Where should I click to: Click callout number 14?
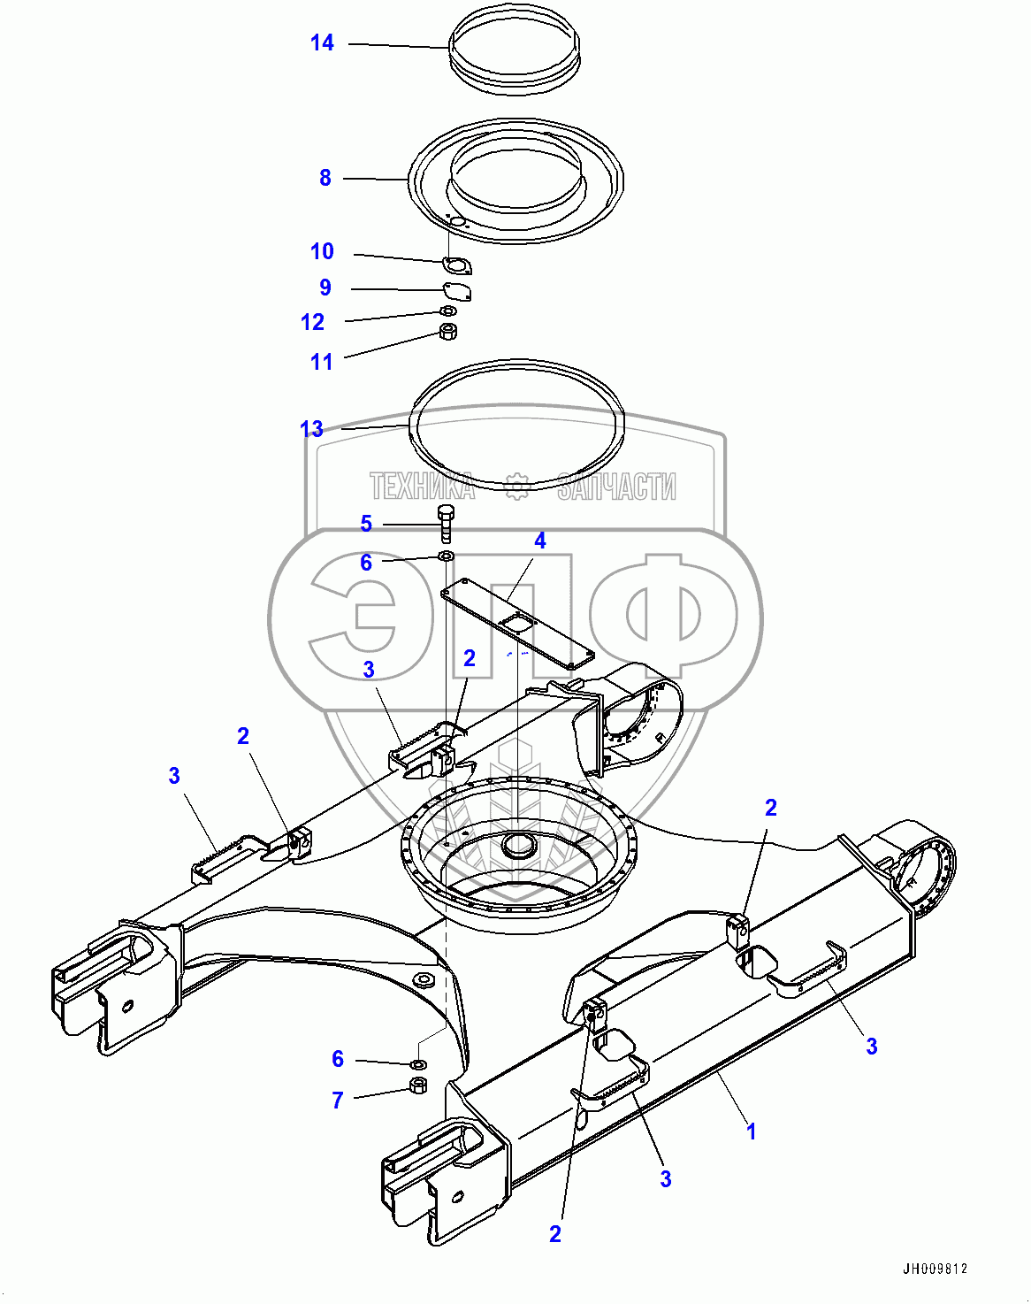tap(322, 42)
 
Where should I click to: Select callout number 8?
tap(325, 178)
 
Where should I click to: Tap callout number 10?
tap(322, 251)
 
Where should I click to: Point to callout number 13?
tap(311, 429)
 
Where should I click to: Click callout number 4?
tap(539, 541)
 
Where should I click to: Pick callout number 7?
tap(337, 1100)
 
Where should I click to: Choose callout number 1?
tap(751, 1131)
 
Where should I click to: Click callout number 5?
tap(366, 524)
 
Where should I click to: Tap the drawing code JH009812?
tap(935, 1269)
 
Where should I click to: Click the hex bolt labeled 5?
tap(446, 522)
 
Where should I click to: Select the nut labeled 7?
tap(418, 1085)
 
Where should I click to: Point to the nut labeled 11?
tap(448, 333)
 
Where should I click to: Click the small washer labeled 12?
tap(448, 311)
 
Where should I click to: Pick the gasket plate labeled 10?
tap(456, 265)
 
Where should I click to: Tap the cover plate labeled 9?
tap(457, 290)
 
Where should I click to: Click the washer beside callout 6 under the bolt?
tap(446, 556)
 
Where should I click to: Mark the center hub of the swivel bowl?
tap(519, 845)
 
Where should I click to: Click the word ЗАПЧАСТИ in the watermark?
tap(616, 487)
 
